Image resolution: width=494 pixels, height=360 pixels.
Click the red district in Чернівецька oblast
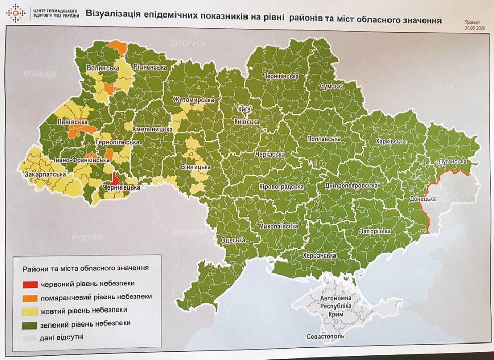point(116,178)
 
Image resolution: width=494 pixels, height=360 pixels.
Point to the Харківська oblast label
point(391,141)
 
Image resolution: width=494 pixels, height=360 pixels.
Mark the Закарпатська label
point(45,175)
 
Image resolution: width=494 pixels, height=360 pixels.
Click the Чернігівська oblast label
point(280,76)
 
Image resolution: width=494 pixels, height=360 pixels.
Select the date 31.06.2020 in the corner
point(474,29)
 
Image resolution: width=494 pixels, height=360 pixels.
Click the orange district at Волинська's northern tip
point(117,45)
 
